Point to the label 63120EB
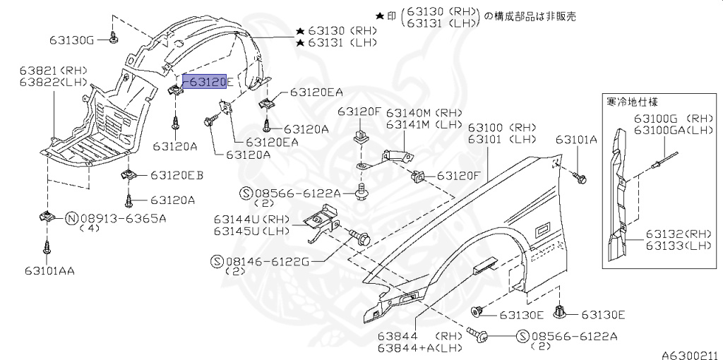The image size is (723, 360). point(177,175)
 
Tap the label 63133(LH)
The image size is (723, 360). point(678,245)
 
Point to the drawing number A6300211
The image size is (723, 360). point(689,354)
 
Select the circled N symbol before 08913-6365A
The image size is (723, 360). point(71,218)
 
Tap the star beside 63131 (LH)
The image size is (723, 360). point(301,43)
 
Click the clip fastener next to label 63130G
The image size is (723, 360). point(114,37)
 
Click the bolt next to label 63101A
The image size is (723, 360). point(580,177)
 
